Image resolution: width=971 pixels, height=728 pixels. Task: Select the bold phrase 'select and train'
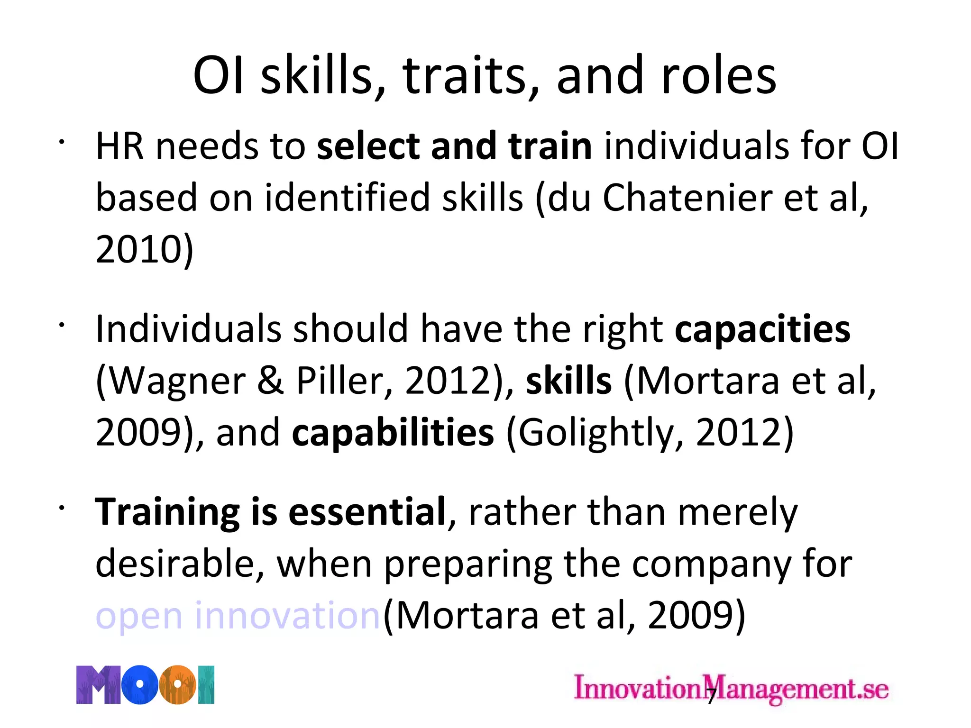[454, 146]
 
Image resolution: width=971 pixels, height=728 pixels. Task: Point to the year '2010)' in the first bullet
[145, 249]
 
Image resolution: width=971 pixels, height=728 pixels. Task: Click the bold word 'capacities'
[762, 329]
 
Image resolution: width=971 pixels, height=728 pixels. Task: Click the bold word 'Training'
[167, 512]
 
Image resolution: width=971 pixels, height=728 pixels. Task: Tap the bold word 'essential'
[367, 512]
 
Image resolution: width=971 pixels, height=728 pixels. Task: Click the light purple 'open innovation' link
[238, 616]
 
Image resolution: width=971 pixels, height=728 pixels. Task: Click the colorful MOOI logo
[146, 685]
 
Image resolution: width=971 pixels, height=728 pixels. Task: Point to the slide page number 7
[711, 696]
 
